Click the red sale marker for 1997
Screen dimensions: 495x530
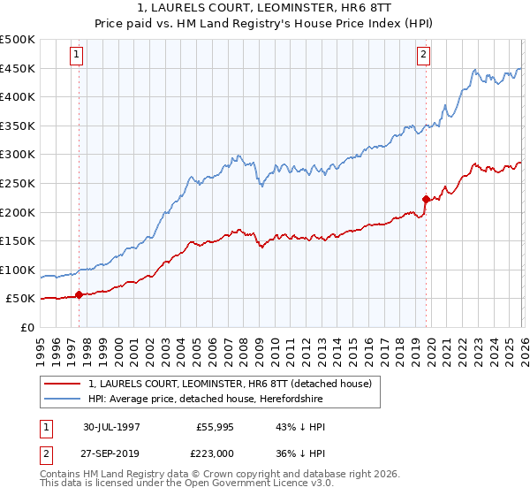(x=79, y=295)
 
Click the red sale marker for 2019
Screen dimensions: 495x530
(x=426, y=199)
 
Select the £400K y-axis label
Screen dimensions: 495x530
(x=18, y=97)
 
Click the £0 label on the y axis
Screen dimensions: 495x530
(x=26, y=327)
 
